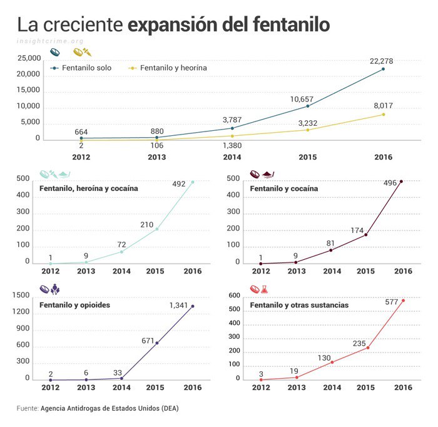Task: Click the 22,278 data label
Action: point(382,60)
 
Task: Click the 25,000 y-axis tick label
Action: point(29,59)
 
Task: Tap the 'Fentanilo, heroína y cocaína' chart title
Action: point(88,188)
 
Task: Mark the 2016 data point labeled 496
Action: point(401,182)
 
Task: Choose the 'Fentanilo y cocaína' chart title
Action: point(283,188)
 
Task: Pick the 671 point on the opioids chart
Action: point(156,343)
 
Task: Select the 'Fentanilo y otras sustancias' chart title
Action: point(299,305)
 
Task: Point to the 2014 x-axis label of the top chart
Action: point(232,157)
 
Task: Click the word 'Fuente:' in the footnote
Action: point(28,408)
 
